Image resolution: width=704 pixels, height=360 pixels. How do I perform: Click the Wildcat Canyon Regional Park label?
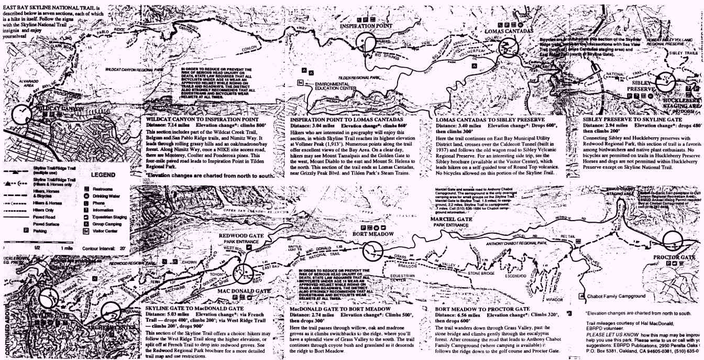click(134, 69)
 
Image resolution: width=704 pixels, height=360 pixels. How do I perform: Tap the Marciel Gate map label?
click(451, 219)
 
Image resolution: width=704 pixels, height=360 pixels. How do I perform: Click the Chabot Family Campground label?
click(615, 296)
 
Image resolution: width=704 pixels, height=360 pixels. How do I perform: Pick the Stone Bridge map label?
click(481, 273)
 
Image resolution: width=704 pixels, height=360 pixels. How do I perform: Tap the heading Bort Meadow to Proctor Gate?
click(483, 309)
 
